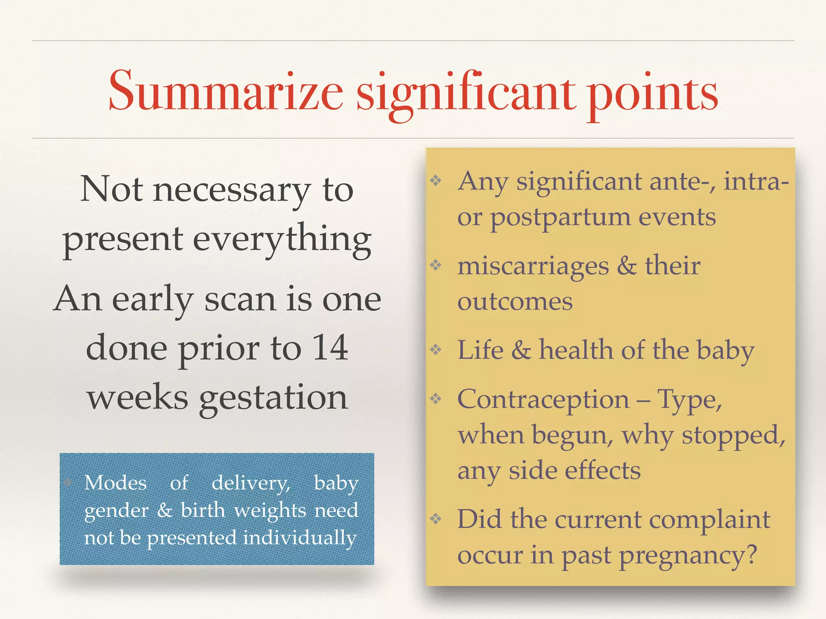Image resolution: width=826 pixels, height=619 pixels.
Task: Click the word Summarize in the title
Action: point(226,92)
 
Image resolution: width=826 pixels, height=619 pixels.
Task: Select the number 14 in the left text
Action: point(330,347)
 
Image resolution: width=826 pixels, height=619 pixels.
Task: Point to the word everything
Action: point(282,239)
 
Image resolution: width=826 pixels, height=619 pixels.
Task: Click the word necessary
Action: point(232,190)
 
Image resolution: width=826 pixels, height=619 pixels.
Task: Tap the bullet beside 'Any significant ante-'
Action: point(436,180)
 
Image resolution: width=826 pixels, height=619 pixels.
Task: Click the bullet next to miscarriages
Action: point(436,265)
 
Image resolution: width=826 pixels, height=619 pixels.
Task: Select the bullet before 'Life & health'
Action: point(436,349)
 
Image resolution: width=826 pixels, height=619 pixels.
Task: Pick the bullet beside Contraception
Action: point(436,399)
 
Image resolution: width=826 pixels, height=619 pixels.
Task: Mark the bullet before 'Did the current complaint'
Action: point(436,518)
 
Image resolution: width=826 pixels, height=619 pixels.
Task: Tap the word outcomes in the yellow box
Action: point(515,301)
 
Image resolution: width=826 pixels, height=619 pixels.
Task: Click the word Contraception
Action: point(543,400)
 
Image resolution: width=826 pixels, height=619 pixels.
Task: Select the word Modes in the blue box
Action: point(115,483)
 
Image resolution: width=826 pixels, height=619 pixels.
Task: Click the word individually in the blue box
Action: point(300,538)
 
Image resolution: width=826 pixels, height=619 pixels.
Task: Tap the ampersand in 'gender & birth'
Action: point(164,511)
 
